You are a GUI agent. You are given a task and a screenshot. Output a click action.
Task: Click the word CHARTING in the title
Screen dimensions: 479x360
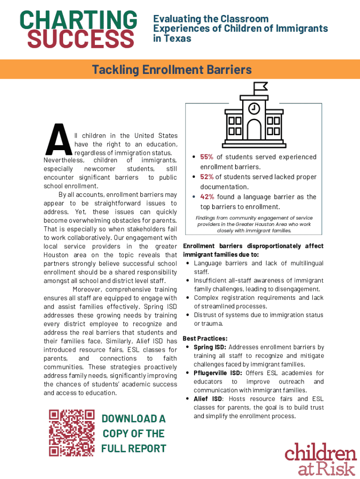78,20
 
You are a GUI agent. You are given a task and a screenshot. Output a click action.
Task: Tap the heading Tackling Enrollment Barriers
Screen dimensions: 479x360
172,70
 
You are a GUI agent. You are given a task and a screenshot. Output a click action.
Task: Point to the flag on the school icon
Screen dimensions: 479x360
260,87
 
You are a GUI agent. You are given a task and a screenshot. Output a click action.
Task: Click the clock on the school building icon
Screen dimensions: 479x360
254,108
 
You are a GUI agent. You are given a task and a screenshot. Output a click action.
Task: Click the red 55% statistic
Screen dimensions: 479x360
207,157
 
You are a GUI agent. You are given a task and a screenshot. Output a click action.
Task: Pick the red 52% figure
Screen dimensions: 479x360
207,177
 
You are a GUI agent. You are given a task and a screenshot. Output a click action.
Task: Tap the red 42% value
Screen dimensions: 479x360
207,197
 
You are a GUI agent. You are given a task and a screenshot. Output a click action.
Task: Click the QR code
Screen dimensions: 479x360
72,433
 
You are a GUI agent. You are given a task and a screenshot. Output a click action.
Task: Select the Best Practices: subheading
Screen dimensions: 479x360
205,338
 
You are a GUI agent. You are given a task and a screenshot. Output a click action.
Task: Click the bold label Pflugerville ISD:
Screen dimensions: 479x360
218,373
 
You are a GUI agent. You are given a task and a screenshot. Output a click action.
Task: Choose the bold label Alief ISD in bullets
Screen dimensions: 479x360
208,399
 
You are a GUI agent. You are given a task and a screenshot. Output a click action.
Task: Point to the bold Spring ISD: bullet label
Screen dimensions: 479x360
210,347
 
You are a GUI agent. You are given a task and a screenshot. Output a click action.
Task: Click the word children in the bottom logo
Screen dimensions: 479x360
321,453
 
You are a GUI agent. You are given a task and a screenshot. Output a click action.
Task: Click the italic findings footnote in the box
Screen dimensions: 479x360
253,224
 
